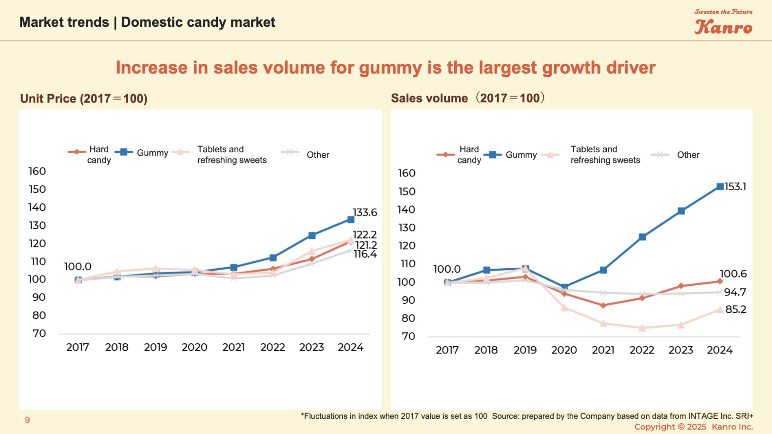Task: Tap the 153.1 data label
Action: (735, 187)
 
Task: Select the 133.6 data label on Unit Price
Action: (365, 213)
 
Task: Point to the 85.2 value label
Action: (735, 310)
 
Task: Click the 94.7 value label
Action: (735, 293)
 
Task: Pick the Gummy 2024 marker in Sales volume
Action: (720, 187)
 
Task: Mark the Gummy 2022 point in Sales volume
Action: (642, 237)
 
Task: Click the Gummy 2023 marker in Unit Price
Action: (312, 236)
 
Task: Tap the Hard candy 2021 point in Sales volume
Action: (603, 306)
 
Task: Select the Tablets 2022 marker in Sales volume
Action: (642, 328)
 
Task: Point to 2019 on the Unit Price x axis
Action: (155, 348)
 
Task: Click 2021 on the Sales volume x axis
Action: (603, 350)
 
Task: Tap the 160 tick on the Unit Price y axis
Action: (37, 172)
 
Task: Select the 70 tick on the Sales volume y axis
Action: (408, 336)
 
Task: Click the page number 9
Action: (27, 420)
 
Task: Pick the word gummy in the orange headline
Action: (390, 68)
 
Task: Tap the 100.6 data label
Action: (733, 274)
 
